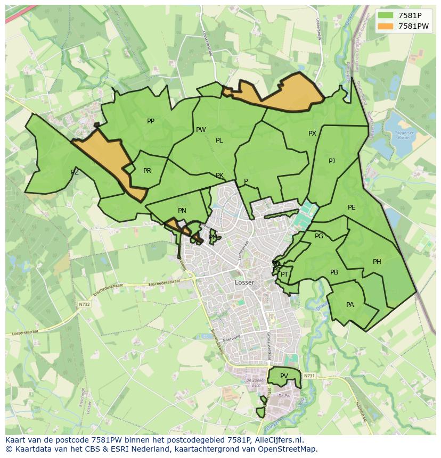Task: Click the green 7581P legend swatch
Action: click(x=386, y=15)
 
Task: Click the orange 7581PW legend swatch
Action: click(x=386, y=26)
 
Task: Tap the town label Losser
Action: click(x=244, y=282)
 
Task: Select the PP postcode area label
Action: click(x=151, y=121)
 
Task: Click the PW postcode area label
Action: click(x=201, y=130)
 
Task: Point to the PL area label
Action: click(x=219, y=140)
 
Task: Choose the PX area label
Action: click(x=312, y=134)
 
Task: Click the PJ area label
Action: click(x=332, y=161)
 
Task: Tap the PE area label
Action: click(x=352, y=207)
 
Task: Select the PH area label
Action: click(x=377, y=262)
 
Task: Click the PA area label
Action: click(x=350, y=305)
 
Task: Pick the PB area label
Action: click(x=334, y=272)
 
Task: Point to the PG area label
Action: click(x=319, y=236)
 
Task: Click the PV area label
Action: click(x=284, y=376)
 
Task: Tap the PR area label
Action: click(x=147, y=171)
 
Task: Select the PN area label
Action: click(x=182, y=211)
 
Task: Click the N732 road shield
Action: click(x=84, y=304)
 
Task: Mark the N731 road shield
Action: click(x=309, y=376)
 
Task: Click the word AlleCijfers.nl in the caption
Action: click(x=278, y=440)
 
